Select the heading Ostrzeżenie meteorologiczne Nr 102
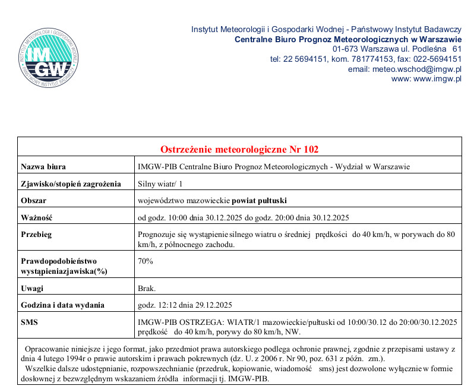click(239, 148)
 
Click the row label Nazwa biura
click(43, 166)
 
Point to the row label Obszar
click(34, 200)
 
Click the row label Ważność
click(37, 217)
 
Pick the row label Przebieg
click(37, 234)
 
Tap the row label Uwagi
click(33, 289)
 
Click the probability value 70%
click(146, 261)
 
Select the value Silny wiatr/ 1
click(160, 184)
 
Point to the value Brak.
click(147, 289)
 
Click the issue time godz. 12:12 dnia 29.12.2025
click(184, 305)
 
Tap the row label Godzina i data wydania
click(63, 305)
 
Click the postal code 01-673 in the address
click(345, 49)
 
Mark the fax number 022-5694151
click(436, 59)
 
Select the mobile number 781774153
click(362, 59)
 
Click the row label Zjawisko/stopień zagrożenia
click(71, 184)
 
